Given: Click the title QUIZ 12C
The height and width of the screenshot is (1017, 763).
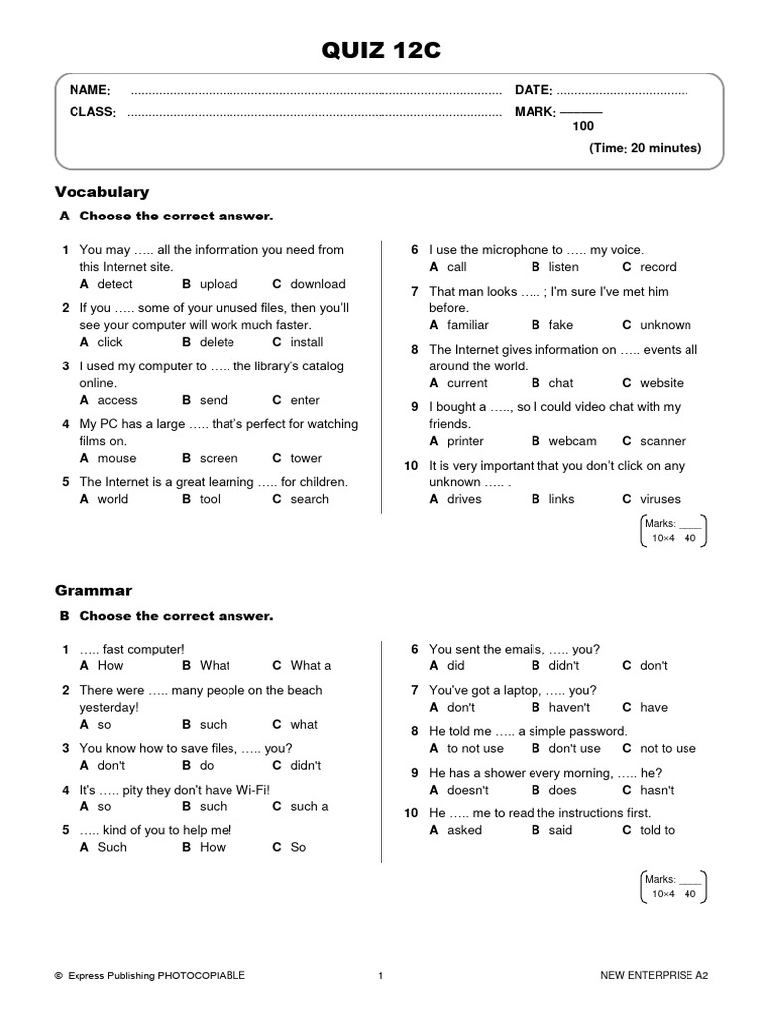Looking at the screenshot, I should [x=381, y=51].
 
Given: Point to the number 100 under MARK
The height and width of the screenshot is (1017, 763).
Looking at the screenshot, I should [x=583, y=127].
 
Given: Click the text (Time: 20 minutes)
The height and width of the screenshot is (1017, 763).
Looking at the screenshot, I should [x=645, y=148].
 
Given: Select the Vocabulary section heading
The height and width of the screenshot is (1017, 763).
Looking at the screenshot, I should [x=101, y=191].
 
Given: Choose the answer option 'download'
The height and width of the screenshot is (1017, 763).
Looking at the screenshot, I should [x=317, y=284].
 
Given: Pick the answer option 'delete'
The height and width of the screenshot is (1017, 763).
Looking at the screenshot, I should [x=217, y=342].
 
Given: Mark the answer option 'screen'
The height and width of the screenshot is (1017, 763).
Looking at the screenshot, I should [x=219, y=458].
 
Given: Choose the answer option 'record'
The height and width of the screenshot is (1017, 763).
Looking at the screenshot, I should [x=658, y=267].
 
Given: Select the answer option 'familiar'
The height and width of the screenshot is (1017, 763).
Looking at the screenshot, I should [x=467, y=325].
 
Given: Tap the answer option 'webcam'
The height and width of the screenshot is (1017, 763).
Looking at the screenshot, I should [x=572, y=441].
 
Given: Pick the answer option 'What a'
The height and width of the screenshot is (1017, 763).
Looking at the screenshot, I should [x=310, y=666].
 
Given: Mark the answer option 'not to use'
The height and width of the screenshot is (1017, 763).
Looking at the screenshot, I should [x=668, y=749].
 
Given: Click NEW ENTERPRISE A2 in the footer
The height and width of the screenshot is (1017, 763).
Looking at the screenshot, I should [x=654, y=976].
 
